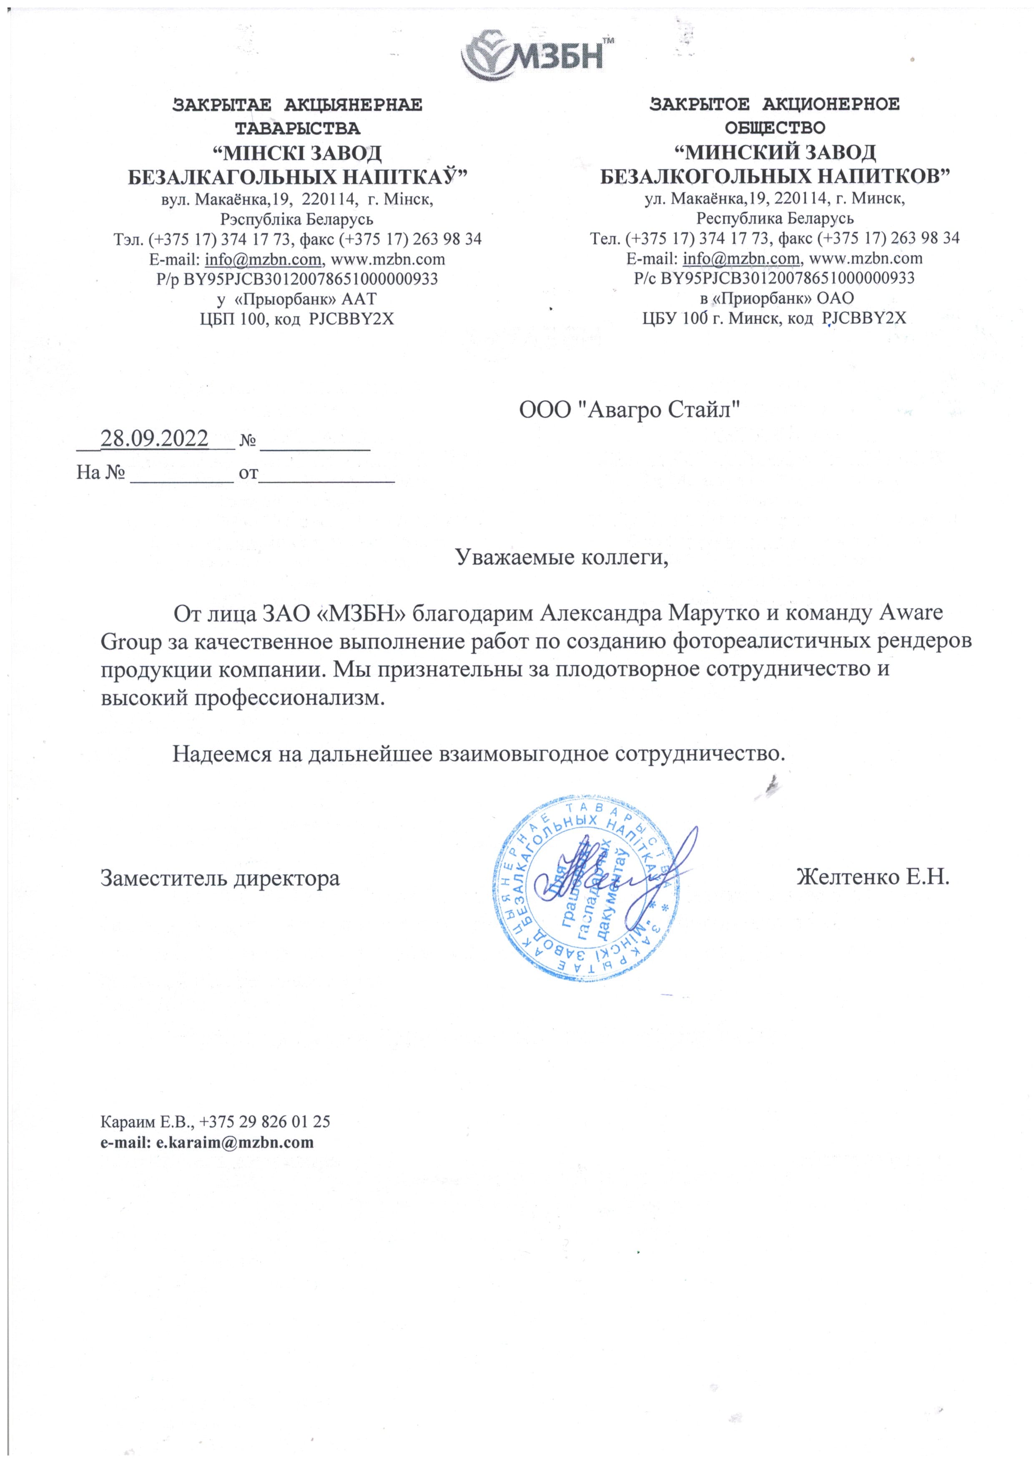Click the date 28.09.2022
[x=154, y=438]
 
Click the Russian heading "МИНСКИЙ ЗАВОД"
[x=775, y=152]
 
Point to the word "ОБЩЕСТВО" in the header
[x=775, y=128]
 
